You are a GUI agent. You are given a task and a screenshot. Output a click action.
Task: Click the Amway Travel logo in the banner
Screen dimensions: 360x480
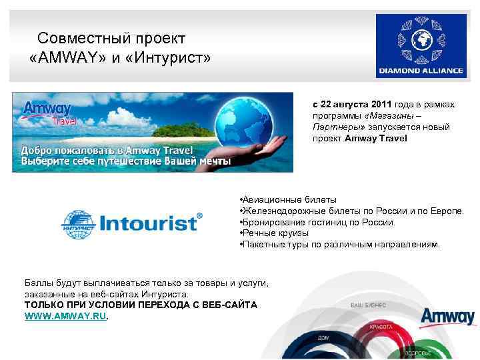pyautogui.click(x=48, y=112)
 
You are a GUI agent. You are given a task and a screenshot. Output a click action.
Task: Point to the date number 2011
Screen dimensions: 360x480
pyautogui.click(x=380, y=105)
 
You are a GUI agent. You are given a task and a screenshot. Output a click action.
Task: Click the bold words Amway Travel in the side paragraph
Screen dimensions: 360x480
pyautogui.click(x=376, y=139)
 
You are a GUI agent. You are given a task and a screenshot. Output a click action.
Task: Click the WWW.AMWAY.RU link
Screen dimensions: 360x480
pyautogui.click(x=65, y=316)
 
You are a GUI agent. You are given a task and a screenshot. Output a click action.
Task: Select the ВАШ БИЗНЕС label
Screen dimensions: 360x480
pyautogui.click(x=369, y=304)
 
